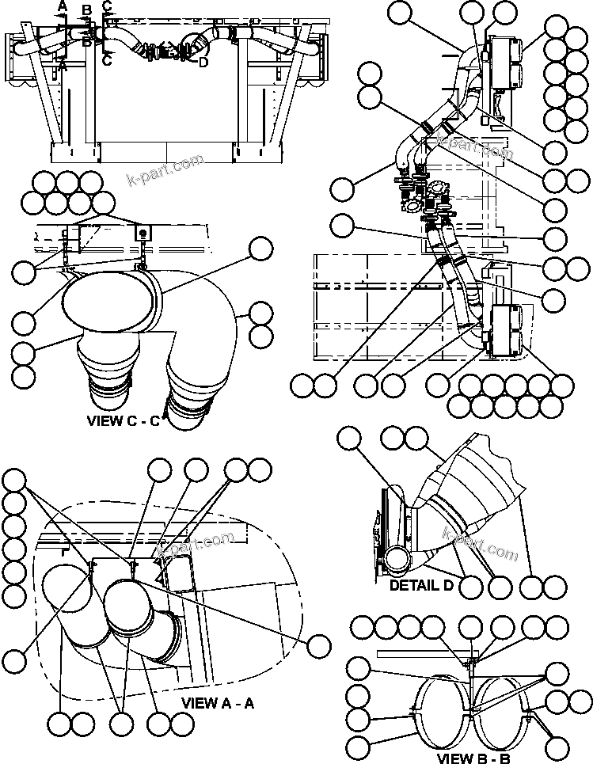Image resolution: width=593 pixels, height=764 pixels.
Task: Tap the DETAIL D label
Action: click(422, 586)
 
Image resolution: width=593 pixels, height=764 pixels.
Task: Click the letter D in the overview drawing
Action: click(203, 63)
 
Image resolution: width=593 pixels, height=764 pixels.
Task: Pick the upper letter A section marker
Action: click(63, 7)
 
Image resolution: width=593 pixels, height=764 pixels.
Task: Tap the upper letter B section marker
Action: click(86, 10)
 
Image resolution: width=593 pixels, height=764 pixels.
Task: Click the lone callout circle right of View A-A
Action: click(319, 646)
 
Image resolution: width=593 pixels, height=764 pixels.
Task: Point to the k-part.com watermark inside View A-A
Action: click(196, 544)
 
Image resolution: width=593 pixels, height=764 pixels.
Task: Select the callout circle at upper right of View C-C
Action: click(260, 249)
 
